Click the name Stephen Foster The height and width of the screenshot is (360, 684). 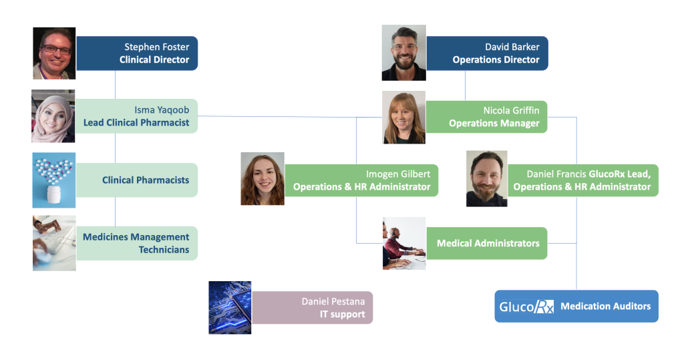[156, 47]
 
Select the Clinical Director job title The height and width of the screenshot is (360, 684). [154, 59]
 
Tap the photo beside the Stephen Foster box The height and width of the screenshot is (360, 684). [54, 53]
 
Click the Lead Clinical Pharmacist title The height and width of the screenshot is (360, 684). [136, 122]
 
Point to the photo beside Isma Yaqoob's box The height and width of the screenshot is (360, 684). [53, 116]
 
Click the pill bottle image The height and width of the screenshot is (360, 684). [54, 180]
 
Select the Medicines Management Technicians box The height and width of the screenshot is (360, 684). [137, 243]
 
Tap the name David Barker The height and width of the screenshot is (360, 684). [512, 47]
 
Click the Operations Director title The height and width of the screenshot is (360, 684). [496, 59]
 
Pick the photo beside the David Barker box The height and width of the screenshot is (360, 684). [403, 53]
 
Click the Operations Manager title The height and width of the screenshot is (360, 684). [494, 123]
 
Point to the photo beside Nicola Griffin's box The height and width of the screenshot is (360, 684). [403, 118]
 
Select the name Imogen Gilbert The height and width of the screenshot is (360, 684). [397, 174]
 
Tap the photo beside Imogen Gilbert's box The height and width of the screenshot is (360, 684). [263, 178]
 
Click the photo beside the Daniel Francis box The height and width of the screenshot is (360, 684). [487, 178]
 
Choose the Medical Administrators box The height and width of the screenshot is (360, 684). [488, 243]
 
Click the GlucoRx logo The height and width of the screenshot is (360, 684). [526, 307]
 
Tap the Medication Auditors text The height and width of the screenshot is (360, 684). [605, 306]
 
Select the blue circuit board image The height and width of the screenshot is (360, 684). [230, 307]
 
